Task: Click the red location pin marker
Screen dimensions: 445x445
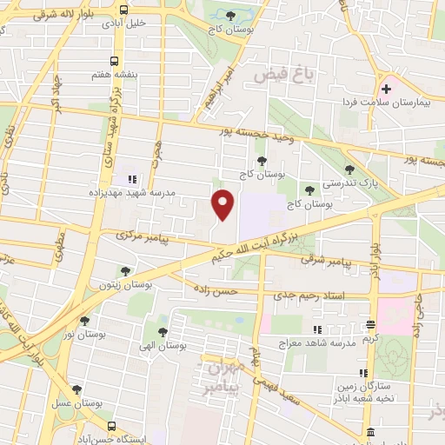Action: [x=224, y=203]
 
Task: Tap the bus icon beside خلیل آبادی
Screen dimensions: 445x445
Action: [x=124, y=10]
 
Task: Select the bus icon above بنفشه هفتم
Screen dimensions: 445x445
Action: [x=115, y=61]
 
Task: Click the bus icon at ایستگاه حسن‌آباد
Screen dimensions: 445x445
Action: [x=112, y=426]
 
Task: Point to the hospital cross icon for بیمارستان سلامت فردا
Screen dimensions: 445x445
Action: [x=386, y=89]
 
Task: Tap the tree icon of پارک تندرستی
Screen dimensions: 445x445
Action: [x=349, y=170]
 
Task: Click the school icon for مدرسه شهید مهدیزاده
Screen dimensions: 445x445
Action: [x=132, y=179]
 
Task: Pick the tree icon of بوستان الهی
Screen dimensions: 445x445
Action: [x=163, y=330]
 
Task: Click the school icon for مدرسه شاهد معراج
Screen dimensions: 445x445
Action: [x=317, y=329]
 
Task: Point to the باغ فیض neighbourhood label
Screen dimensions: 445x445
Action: [x=276, y=76]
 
